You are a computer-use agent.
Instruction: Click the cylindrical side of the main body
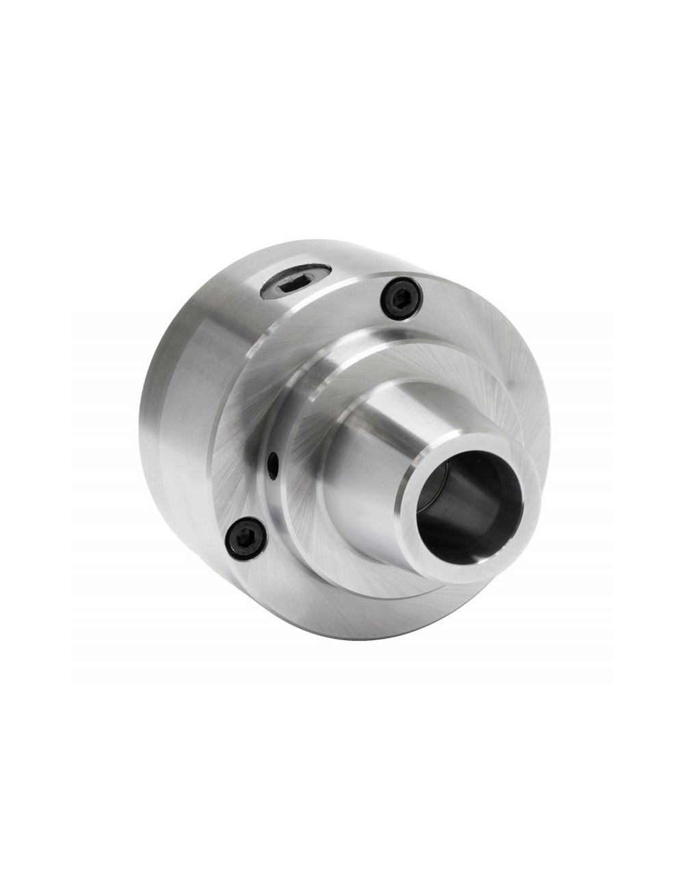(205, 342)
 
